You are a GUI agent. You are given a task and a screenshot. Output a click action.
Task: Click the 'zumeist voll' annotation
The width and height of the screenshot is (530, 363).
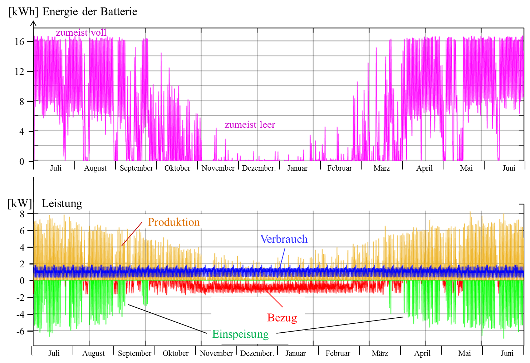tap(81, 33)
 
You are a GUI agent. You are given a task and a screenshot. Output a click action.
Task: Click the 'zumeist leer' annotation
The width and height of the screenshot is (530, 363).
tap(250, 125)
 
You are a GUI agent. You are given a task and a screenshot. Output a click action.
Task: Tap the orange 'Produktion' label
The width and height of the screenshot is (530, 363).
tap(174, 222)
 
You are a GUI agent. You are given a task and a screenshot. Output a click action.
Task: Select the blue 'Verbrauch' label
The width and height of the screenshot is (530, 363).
tap(284, 239)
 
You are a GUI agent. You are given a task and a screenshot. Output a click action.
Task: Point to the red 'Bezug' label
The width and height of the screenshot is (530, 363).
tap(282, 318)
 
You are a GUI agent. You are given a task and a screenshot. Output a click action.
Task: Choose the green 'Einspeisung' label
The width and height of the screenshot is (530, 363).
tap(240, 334)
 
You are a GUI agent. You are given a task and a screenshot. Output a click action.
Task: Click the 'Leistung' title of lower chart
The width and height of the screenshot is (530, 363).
tap(62, 203)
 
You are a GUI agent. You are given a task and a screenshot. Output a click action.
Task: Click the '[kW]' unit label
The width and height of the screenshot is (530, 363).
tap(20, 203)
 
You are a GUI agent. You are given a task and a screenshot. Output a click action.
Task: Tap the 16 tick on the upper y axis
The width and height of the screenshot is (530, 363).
tap(20, 42)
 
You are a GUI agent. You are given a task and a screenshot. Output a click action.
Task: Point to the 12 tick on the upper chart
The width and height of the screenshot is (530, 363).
tap(20, 72)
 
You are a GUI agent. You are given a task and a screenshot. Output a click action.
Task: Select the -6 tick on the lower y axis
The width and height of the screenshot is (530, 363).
tap(20, 331)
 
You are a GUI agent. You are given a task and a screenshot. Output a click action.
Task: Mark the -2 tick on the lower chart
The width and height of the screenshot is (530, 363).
tap(20, 298)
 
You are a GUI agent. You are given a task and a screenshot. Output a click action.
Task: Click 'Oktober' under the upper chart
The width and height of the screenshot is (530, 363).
tap(177, 168)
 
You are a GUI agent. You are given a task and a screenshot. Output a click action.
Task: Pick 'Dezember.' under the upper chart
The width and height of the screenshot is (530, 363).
tap(259, 168)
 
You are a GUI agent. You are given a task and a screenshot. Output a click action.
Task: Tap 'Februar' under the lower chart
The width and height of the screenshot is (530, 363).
tap(338, 353)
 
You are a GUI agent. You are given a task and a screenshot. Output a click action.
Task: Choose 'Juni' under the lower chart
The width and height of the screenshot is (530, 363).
tap(507, 353)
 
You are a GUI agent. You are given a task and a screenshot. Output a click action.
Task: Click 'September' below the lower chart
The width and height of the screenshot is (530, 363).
tap(134, 353)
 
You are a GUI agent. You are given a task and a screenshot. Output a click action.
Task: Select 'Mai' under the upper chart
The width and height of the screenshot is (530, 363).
tap(466, 168)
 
